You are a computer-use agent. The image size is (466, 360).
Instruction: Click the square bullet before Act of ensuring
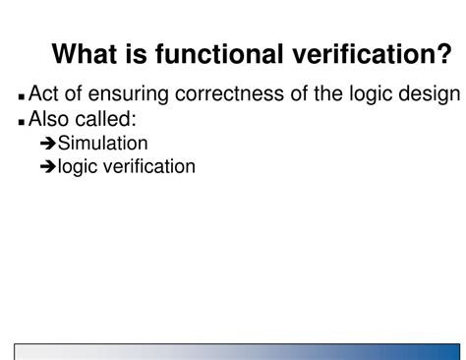coord(22,98)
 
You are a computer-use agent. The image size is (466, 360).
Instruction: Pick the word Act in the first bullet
coord(45,94)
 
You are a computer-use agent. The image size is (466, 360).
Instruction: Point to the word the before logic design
coord(333,94)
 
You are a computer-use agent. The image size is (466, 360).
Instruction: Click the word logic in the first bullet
coord(378,95)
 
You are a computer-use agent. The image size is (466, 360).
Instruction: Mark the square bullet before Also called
coord(22,123)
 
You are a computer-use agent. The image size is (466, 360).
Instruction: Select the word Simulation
coord(103,144)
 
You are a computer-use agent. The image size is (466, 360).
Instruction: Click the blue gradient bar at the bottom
coord(236,351)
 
